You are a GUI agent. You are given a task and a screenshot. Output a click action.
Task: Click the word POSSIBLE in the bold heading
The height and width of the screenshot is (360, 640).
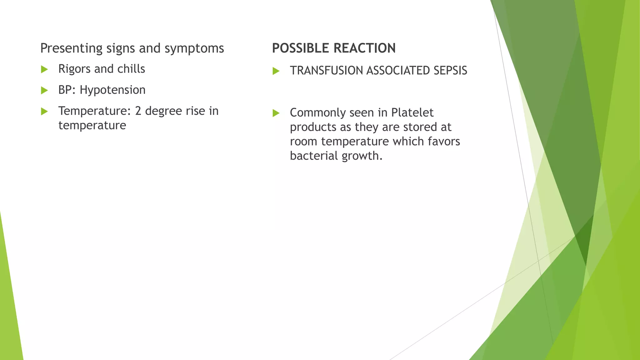pos(300,48)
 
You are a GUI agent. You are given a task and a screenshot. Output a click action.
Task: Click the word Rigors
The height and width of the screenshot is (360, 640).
pos(75,69)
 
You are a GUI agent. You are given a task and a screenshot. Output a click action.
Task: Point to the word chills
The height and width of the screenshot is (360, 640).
pos(131,69)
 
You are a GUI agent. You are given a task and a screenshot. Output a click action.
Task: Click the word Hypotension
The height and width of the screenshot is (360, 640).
pos(112,90)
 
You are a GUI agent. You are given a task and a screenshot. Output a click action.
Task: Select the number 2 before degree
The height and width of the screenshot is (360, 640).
pos(138,111)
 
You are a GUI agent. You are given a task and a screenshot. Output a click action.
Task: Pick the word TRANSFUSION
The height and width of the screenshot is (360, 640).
pos(327,71)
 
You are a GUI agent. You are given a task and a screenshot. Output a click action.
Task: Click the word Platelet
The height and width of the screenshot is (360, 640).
pos(412,112)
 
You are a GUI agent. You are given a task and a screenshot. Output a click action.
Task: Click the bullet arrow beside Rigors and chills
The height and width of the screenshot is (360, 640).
pos(44,69)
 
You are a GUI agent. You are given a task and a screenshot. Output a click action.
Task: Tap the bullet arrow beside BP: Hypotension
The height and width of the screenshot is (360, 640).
pos(44,91)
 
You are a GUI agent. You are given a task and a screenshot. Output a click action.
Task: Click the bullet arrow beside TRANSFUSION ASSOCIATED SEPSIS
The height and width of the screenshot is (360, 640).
pos(276,71)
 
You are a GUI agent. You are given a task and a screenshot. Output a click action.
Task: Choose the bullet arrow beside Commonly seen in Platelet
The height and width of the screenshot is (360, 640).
pos(276,113)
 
